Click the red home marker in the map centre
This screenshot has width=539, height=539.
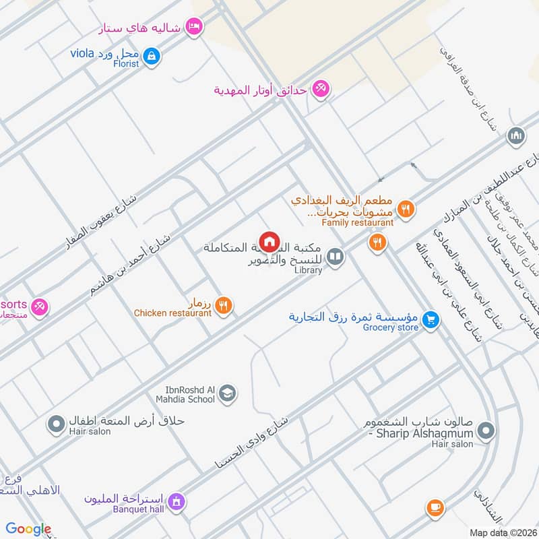point(269,241)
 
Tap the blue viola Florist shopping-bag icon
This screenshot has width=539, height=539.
point(152,55)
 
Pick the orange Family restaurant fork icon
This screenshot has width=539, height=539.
point(405,209)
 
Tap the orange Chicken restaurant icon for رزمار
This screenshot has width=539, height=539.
point(225,305)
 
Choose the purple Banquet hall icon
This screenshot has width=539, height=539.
point(177,501)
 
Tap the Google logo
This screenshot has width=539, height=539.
point(28,529)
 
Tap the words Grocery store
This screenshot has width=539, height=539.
point(391,328)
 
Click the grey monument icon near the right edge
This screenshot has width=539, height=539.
point(517,136)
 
